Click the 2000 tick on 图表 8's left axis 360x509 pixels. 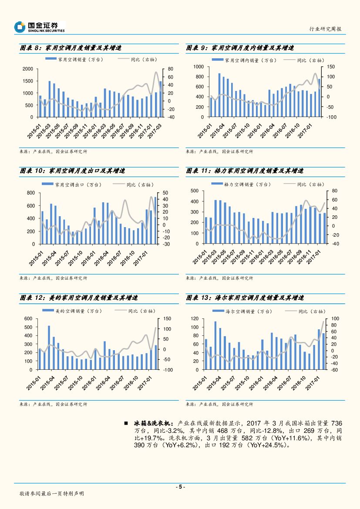28,69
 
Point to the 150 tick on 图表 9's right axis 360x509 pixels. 331,67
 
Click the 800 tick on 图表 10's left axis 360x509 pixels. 31,193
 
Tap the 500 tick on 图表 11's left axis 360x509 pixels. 195,191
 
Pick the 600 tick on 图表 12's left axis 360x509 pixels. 28,318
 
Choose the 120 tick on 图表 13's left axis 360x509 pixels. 195,319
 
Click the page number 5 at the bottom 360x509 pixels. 180,487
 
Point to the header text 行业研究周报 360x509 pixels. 325,29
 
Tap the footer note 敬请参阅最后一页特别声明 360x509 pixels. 52,494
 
